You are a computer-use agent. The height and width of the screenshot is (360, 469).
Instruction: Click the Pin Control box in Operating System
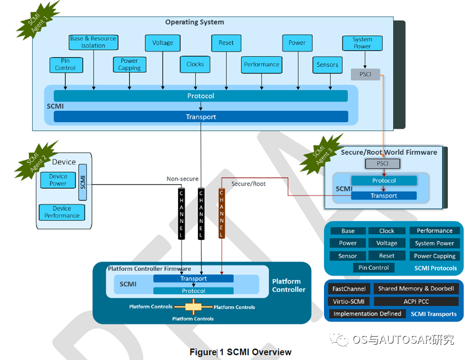[x=65, y=65]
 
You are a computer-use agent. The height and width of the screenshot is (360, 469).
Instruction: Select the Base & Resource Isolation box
[x=93, y=42]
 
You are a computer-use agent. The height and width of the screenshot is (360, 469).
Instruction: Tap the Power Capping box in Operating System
[x=129, y=65]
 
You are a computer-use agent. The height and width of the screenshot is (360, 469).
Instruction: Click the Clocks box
[x=195, y=64]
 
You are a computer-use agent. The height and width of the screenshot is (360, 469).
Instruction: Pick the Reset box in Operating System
[x=226, y=43]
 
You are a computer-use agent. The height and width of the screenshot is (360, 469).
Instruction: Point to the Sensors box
[x=327, y=65]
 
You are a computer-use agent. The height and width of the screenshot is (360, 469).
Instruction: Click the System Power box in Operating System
[x=362, y=43]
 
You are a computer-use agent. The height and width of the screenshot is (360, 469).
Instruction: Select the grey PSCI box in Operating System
[x=365, y=74]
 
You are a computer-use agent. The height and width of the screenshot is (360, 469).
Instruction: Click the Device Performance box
[x=62, y=212]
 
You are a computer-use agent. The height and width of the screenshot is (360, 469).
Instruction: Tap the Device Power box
[x=58, y=180]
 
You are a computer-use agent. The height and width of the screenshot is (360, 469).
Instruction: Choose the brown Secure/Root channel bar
[x=221, y=213]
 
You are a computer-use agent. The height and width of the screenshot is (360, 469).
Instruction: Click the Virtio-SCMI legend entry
[x=349, y=301]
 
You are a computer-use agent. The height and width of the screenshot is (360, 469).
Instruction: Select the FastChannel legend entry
[x=349, y=289]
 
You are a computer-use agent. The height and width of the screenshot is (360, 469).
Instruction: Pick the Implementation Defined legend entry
[x=367, y=314]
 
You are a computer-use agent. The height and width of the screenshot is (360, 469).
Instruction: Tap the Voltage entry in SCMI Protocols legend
[x=387, y=243]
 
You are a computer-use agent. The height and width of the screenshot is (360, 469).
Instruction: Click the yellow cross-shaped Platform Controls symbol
[x=193, y=307]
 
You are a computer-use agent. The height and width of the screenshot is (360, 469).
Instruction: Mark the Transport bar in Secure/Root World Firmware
[x=384, y=195]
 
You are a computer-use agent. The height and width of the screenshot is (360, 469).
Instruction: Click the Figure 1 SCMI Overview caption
[x=240, y=352]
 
